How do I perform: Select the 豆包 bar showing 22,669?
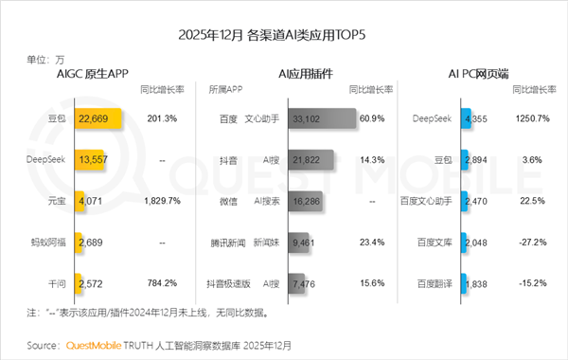(x=97, y=118)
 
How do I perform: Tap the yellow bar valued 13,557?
(x=91, y=160)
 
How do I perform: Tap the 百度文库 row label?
(x=438, y=242)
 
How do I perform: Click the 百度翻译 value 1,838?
(x=477, y=282)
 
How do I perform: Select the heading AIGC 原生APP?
(x=93, y=73)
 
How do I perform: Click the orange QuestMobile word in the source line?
(x=96, y=344)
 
